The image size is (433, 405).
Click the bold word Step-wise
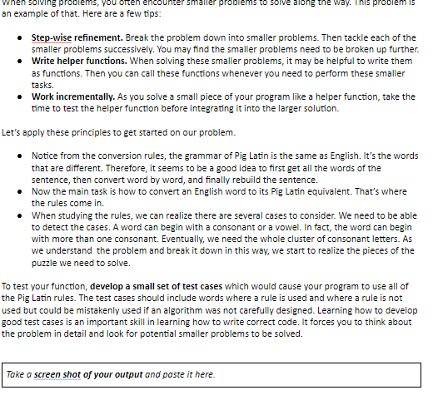pyautogui.click(x=51, y=37)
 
